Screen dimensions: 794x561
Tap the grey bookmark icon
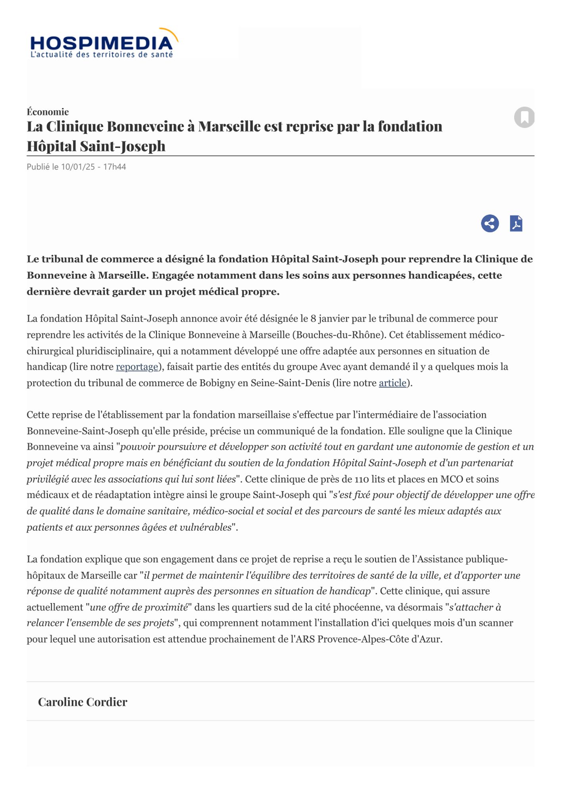524,117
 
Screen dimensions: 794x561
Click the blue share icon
490,224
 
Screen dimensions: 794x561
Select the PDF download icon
516,224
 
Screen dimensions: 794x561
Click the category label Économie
48,112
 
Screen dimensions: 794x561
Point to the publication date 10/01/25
78,167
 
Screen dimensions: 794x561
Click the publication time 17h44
114,167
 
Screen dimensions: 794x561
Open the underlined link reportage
137,367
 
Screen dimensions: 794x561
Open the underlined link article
392,383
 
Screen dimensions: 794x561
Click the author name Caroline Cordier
83,702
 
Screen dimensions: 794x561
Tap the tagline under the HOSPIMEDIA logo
102,55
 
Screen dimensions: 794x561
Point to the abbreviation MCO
451,479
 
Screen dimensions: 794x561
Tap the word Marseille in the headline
229,127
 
